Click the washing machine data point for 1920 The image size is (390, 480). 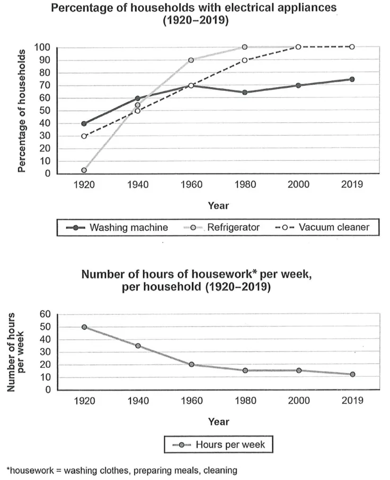pyautogui.click(x=84, y=124)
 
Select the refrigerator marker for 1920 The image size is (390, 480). pyautogui.click(x=84, y=170)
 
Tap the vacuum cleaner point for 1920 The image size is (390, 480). pyautogui.click(x=84, y=136)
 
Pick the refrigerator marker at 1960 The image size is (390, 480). pyautogui.click(x=191, y=60)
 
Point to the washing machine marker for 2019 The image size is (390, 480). pyautogui.click(x=352, y=79)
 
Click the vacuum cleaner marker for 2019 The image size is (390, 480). pyautogui.click(x=352, y=47)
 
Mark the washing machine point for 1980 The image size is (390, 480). pyautogui.click(x=245, y=92)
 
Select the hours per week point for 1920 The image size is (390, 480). pyautogui.click(x=84, y=327)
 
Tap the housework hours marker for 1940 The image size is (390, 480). pyautogui.click(x=138, y=346)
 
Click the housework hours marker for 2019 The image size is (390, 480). pyautogui.click(x=352, y=374)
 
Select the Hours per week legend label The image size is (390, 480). pyautogui.click(x=231, y=445)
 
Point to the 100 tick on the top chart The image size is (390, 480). pyautogui.click(x=42, y=48)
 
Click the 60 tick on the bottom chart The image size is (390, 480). pyautogui.click(x=45, y=314)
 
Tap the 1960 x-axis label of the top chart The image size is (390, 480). pyautogui.click(x=192, y=185)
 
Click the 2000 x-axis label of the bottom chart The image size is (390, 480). pyautogui.click(x=299, y=401)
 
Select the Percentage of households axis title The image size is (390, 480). pyautogui.click(x=22, y=111)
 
